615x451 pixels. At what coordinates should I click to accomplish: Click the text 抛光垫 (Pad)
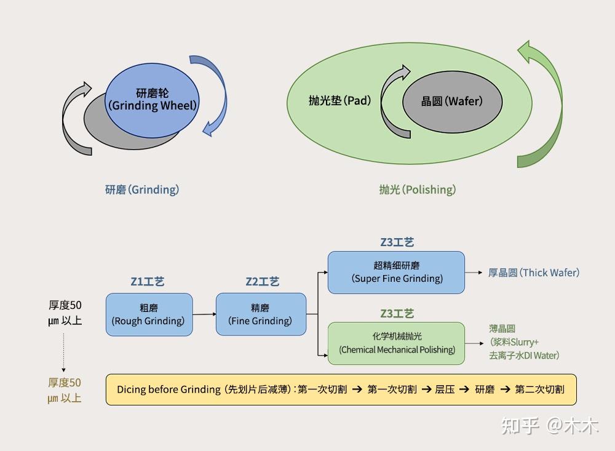point(339,100)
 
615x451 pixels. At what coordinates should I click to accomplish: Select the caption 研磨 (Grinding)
point(142,190)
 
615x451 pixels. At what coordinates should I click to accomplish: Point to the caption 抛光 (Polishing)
point(418,190)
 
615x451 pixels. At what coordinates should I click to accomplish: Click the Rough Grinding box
point(149,314)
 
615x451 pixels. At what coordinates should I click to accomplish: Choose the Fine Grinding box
point(261,314)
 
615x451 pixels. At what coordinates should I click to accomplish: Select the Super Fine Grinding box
point(396,272)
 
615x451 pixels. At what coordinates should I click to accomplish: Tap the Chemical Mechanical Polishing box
point(396,343)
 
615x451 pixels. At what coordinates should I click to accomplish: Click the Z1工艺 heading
point(148,282)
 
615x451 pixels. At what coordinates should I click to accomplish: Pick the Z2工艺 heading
point(262,282)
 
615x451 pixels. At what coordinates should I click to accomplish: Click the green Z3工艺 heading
point(397,314)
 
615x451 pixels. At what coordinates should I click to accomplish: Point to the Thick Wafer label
point(534,273)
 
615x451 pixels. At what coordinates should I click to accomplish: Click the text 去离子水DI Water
point(524,355)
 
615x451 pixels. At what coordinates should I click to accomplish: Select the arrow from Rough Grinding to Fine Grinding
point(204,314)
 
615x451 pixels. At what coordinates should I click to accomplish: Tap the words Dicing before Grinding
point(169,389)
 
